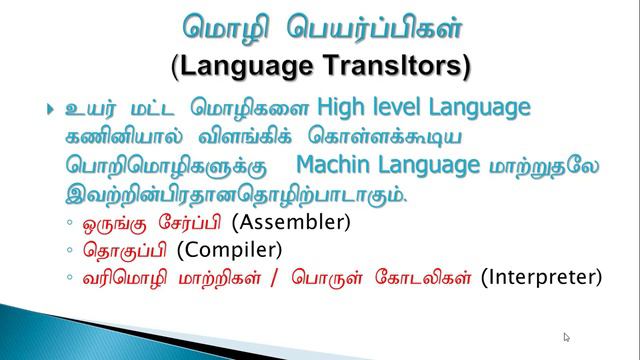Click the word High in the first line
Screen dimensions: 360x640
point(341,107)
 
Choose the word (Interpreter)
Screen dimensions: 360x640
point(541,276)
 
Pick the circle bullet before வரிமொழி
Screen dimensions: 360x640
point(67,277)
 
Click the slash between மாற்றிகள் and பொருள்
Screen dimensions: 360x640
point(277,277)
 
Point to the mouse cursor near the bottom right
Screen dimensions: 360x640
point(567,338)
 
